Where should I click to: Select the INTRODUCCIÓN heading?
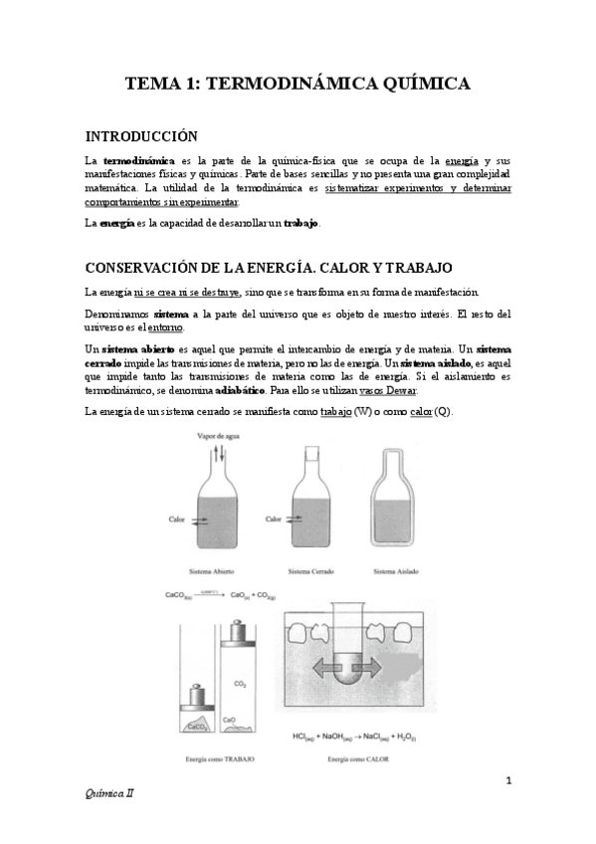tap(141, 136)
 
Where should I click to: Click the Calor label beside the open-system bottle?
tap(177, 519)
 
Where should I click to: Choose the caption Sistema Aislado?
tap(396, 572)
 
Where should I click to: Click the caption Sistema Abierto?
tap(214, 572)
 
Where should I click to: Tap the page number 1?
tap(507, 780)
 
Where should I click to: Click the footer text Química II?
tap(106, 795)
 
